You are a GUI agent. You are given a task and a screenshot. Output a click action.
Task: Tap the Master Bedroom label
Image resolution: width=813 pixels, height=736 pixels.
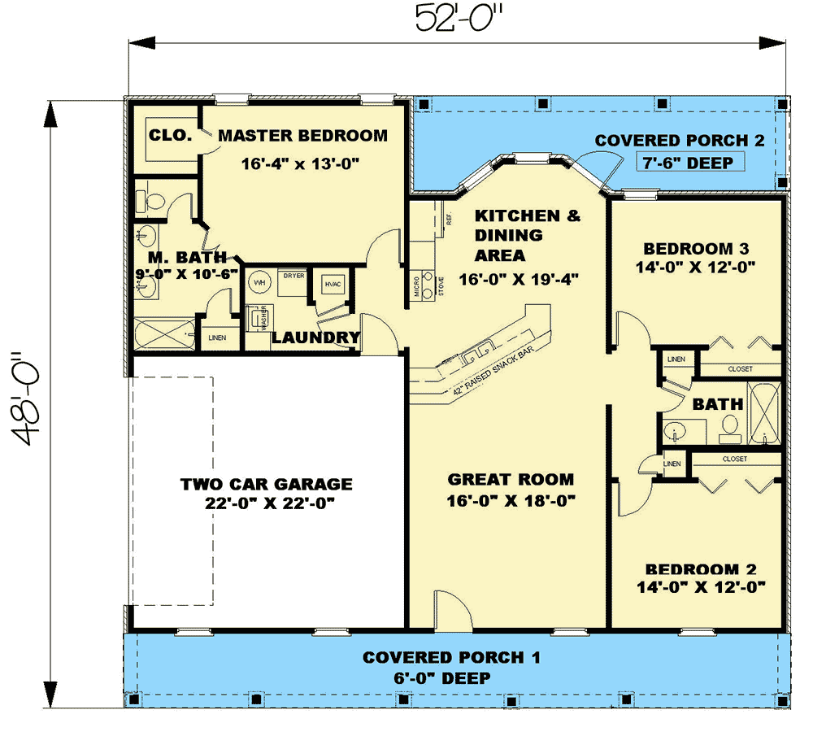302,135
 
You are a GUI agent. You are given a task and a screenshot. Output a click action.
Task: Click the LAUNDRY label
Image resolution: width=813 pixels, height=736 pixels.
315,338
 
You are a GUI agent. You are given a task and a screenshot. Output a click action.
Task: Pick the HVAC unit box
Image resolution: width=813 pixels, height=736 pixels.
333,284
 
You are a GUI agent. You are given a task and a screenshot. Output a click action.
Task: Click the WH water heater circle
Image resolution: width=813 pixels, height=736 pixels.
260,282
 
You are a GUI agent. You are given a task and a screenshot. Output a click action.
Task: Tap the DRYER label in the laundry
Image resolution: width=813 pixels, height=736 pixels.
293,276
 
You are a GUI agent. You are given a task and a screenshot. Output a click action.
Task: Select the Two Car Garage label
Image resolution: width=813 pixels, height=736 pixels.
267,485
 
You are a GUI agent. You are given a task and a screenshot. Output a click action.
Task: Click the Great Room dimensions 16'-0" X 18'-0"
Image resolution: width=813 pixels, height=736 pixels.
511,501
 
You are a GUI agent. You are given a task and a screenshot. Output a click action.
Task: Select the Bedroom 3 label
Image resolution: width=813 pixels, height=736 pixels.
695,249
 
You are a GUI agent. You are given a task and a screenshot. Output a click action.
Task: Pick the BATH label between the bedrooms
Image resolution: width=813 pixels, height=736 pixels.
717,404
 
